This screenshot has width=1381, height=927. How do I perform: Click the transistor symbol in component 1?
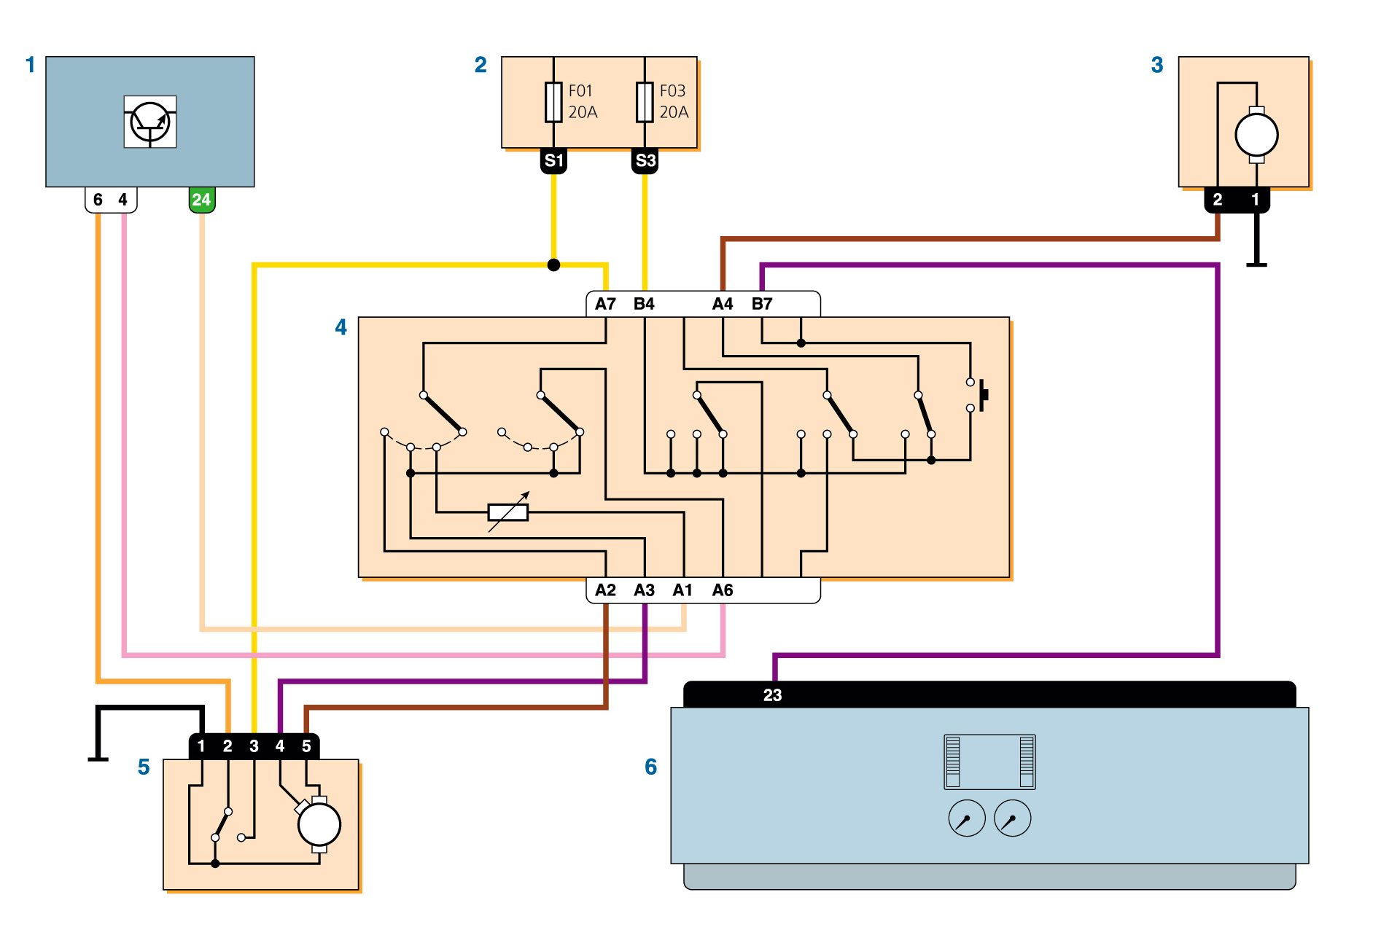[150, 122]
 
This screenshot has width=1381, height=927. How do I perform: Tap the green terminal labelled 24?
[202, 200]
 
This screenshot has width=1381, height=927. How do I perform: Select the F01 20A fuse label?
[583, 101]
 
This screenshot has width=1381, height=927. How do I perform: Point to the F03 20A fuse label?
[674, 101]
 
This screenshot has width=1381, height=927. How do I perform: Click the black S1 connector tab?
[553, 161]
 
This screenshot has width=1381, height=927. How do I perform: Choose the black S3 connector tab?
[645, 161]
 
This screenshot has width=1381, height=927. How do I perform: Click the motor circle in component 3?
[1256, 135]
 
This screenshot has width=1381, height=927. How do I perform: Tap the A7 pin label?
[605, 304]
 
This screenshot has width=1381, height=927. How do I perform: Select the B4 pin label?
[644, 304]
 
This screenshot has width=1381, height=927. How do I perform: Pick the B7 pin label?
[762, 304]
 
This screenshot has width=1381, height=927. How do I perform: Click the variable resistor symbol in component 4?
[508, 512]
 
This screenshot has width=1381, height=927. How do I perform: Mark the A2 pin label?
[605, 590]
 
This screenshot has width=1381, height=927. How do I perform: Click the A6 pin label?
[723, 590]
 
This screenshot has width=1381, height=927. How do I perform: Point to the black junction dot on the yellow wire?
[554, 265]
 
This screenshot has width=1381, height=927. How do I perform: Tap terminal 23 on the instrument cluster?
[773, 695]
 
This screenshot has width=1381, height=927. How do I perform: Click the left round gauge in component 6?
[967, 818]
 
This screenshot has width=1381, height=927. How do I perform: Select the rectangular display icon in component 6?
[989, 762]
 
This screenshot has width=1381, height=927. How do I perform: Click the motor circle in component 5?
[319, 825]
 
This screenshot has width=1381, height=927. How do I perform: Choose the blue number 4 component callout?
[341, 327]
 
